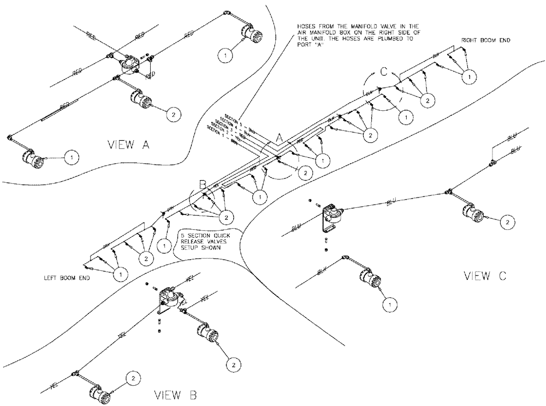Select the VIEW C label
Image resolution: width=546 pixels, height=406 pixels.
coord(485,276)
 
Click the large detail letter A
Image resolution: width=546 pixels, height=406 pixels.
coord(278,140)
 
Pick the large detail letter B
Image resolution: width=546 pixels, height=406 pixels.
coord(202,186)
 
